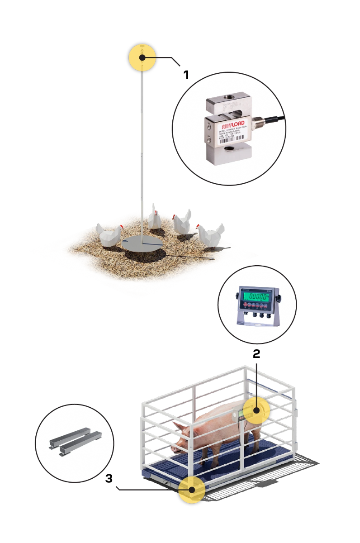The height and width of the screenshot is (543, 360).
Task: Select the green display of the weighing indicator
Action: click(256, 297)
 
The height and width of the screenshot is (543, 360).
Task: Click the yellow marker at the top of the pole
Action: click(142, 57)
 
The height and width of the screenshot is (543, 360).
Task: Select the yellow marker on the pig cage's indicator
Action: click(256, 411)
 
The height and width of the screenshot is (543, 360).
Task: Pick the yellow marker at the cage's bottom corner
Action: click(192, 490)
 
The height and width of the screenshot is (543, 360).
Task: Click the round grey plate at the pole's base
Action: click(142, 243)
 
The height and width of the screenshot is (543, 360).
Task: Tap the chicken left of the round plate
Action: click(110, 234)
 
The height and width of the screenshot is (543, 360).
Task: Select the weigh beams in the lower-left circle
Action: click(75, 442)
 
